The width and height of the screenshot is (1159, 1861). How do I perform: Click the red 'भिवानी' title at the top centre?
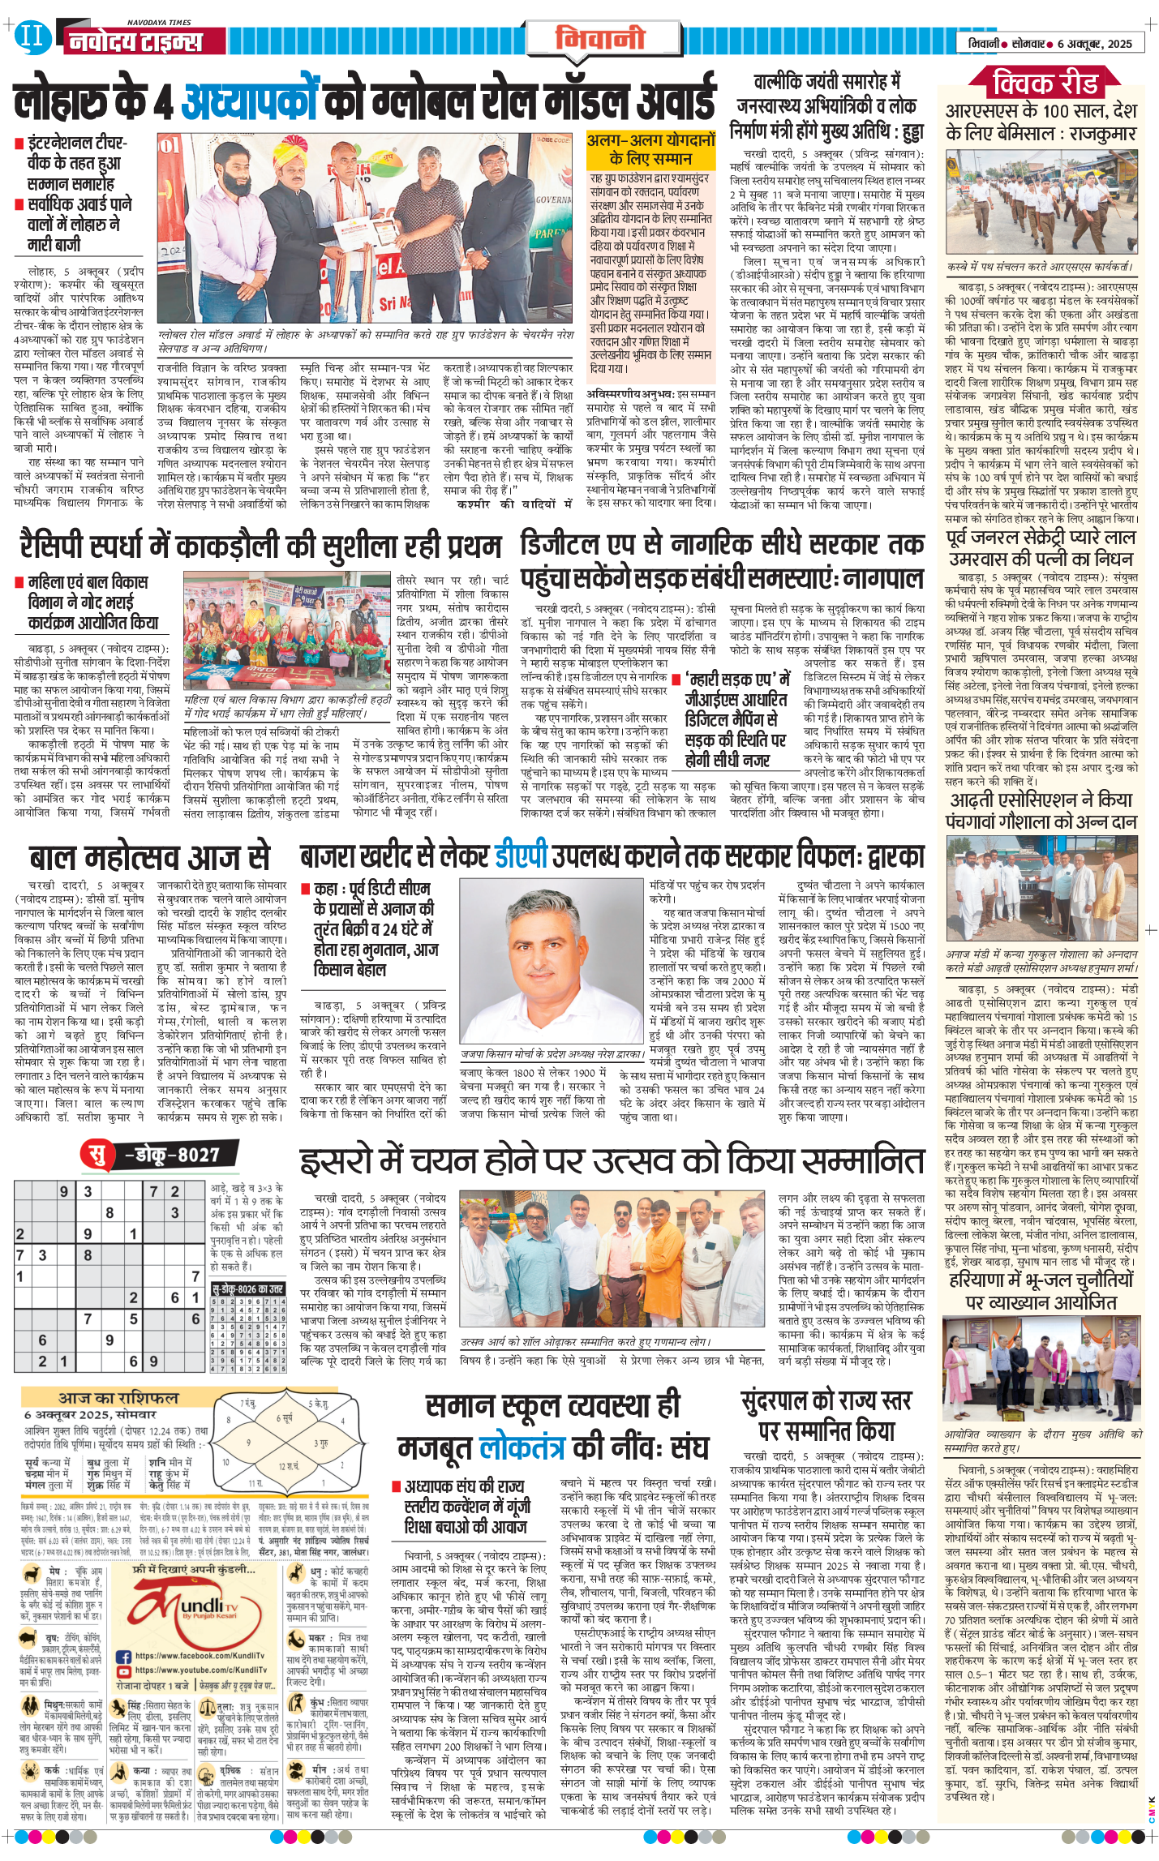(x=599, y=37)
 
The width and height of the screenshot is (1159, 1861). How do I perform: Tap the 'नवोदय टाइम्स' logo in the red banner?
(x=135, y=41)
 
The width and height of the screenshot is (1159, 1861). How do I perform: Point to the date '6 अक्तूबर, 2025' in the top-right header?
(x=1094, y=44)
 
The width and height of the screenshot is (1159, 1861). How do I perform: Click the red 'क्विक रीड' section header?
(x=1045, y=83)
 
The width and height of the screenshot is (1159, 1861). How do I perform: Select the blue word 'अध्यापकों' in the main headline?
(x=248, y=103)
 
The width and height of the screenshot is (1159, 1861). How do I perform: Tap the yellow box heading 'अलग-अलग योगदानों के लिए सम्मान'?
(x=651, y=150)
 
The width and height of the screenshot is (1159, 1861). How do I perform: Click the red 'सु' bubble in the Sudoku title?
(x=97, y=1153)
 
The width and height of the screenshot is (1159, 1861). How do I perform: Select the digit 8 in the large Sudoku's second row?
(x=110, y=1212)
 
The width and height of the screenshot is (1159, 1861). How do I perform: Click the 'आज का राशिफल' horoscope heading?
(x=118, y=1397)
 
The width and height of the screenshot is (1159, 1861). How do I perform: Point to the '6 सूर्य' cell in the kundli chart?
(x=285, y=1418)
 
